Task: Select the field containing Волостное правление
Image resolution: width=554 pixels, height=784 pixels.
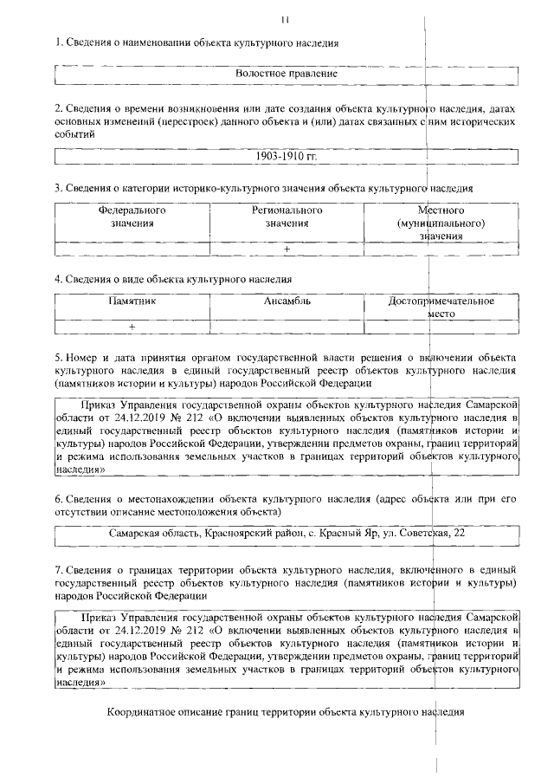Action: click(286, 75)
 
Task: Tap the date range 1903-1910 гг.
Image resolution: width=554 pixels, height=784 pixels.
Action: click(287, 157)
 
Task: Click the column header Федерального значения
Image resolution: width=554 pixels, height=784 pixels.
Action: click(132, 217)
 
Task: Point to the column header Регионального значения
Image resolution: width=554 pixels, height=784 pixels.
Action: click(287, 217)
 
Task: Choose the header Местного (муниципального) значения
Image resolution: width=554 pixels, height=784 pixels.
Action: click(441, 223)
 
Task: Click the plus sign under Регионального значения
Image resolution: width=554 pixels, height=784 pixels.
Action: click(287, 249)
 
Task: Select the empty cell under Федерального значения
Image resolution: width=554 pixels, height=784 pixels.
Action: click(132, 249)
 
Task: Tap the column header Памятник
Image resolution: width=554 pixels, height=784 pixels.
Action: click(132, 301)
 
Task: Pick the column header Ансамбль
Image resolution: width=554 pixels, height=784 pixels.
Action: click(287, 301)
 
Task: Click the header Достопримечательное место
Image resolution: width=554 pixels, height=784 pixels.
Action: click(441, 308)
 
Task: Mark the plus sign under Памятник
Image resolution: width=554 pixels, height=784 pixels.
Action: click(132, 327)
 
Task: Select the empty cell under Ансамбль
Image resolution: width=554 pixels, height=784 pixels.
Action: click(287, 327)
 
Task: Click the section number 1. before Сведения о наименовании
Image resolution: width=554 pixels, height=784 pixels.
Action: click(58, 42)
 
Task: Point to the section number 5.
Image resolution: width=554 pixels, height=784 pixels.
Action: click(58, 357)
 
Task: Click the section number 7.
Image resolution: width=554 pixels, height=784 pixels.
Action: click(58, 571)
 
